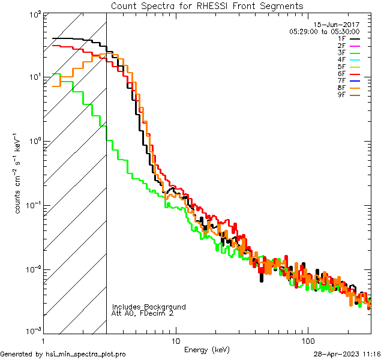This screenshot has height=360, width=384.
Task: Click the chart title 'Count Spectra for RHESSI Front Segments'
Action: click(207, 5)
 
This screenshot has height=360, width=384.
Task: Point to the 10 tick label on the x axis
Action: click(176, 340)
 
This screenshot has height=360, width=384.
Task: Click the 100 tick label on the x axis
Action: click(307, 340)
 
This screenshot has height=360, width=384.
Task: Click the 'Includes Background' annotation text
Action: click(149, 307)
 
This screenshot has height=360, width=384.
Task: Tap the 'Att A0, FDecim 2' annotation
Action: click(143, 313)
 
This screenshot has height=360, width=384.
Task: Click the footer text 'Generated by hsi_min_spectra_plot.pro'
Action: click(63, 354)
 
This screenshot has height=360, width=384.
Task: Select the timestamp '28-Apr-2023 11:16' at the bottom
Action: click(347, 354)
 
